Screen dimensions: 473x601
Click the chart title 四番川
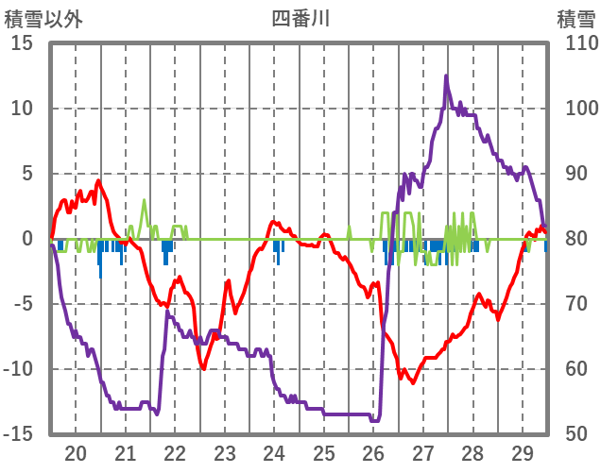[x=300, y=18]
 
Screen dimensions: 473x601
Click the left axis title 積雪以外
[x=43, y=18]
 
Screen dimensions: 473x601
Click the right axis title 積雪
[x=575, y=18]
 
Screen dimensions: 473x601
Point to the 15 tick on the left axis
[x=22, y=43]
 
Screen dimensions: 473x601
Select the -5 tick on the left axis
[x=22, y=304]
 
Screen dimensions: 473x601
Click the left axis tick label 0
[x=28, y=239]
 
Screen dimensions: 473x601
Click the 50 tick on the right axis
[x=575, y=433]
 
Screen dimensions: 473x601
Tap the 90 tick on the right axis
[x=575, y=174]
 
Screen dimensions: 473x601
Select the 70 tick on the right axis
[x=575, y=304]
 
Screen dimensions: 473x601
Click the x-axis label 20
[x=76, y=452]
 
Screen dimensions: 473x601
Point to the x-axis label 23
[x=224, y=452]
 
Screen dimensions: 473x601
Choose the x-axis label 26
[x=373, y=452]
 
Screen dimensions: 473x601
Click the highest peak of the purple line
[x=446, y=76]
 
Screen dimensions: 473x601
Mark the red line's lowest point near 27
[x=412, y=381]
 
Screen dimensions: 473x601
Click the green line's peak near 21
[x=144, y=200]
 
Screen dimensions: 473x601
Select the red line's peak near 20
[x=98, y=180]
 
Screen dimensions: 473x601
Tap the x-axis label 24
[x=274, y=452]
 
